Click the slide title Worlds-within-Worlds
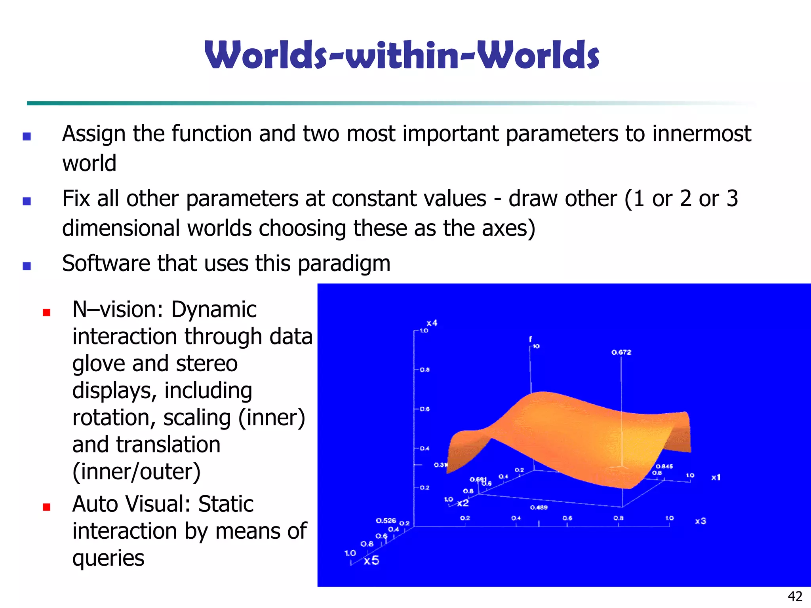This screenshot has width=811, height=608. coord(402,55)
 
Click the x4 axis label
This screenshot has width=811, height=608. coord(432,323)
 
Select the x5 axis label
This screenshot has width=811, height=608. coord(371,560)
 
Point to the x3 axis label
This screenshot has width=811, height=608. coord(701,521)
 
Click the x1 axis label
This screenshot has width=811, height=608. coord(716,477)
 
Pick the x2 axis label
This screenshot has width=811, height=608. coord(463,503)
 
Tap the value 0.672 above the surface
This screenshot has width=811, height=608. coord(621,352)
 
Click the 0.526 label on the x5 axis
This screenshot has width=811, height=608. coord(386,521)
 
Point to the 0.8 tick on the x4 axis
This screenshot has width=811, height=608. coord(425,370)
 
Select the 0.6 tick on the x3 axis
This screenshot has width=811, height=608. coord(567,518)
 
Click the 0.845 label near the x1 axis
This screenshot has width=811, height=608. coord(664,466)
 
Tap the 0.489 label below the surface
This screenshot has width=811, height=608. coord(539,507)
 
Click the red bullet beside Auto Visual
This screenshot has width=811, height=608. coord(47,507)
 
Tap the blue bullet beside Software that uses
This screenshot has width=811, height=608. coord(27,266)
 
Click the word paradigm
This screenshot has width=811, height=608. coord(344,264)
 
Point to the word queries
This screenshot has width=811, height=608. coord(108,558)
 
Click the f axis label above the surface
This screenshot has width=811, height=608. coord(530,339)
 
